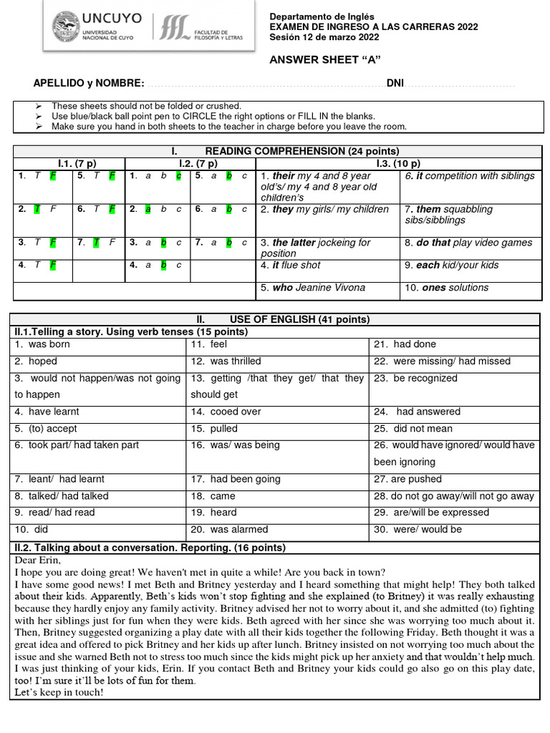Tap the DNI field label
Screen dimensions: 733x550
[x=395, y=84]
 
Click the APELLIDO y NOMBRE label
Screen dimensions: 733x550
[x=89, y=84]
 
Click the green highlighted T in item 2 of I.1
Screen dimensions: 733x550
[x=35, y=210]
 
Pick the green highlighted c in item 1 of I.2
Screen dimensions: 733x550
[x=178, y=176]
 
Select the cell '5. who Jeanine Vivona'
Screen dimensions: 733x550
[x=313, y=288]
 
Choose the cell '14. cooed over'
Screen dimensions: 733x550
[x=226, y=412]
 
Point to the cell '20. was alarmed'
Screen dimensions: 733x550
[x=229, y=530]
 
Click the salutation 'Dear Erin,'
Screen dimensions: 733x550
[x=37, y=561]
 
